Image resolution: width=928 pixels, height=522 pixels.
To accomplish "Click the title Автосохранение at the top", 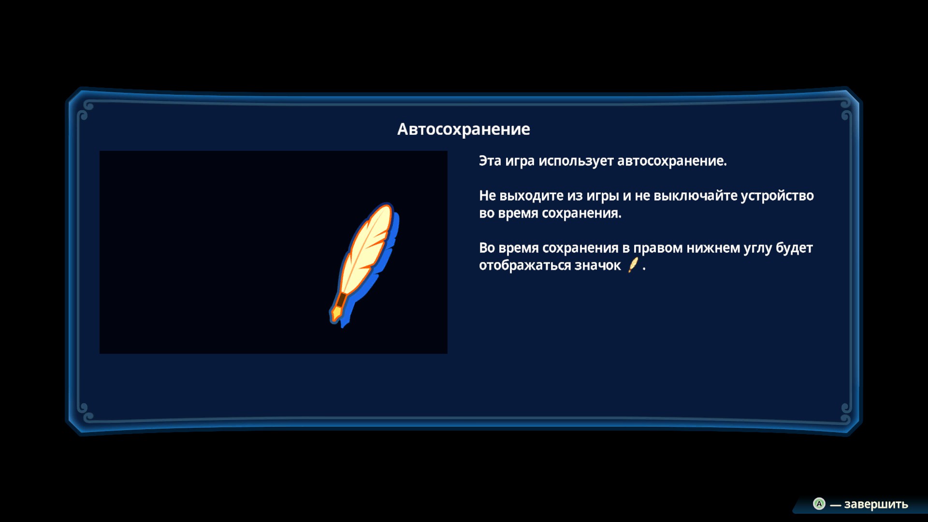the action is pos(464,129).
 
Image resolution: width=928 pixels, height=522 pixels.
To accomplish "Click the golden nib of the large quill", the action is pos(335,313).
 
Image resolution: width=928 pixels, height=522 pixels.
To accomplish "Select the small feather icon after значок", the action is pos(633,265).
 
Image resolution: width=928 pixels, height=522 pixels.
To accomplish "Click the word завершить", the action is pos(876,504).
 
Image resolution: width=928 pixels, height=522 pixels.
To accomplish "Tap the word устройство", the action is pos(777,196).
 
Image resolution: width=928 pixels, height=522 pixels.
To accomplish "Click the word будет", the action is pos(794,248).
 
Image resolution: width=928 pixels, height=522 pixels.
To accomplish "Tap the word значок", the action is pos(597,265).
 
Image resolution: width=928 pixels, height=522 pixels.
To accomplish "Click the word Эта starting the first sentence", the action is pos(490,161).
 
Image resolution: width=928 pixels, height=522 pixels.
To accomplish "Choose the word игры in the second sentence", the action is pos(601,196).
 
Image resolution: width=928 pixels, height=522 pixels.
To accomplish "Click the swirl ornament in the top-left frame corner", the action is pos(85,110).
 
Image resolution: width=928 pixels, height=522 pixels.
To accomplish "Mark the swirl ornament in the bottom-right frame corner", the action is pos(845,411).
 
